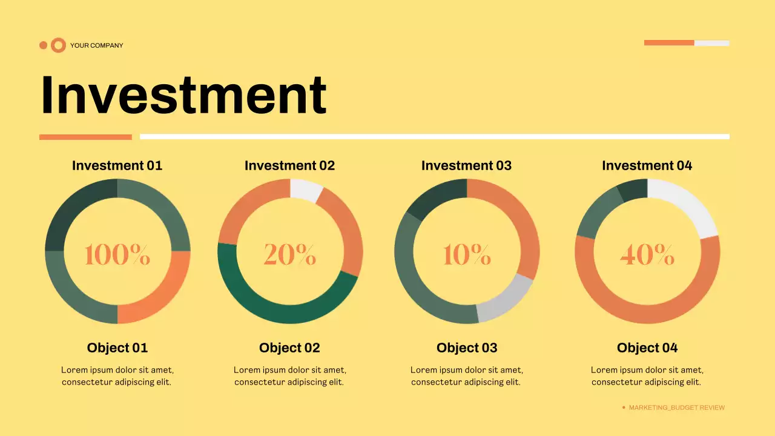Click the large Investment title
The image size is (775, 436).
point(183,95)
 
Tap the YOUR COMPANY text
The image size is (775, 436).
point(96,45)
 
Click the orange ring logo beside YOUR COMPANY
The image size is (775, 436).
point(58,45)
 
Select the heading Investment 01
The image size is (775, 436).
point(117,165)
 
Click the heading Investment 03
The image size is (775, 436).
point(466,165)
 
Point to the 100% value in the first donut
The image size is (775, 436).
point(117,254)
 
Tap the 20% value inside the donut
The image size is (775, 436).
point(289,254)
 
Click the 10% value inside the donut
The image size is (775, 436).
point(466,254)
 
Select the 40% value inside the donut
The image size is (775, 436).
point(647,254)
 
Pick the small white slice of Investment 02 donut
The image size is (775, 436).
point(305,190)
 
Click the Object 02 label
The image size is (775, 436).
point(289,348)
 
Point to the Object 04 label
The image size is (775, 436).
point(647,348)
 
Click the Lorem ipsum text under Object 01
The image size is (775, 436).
point(117,375)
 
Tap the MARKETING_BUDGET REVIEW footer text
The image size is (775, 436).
point(676,408)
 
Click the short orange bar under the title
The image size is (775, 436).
point(85,137)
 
